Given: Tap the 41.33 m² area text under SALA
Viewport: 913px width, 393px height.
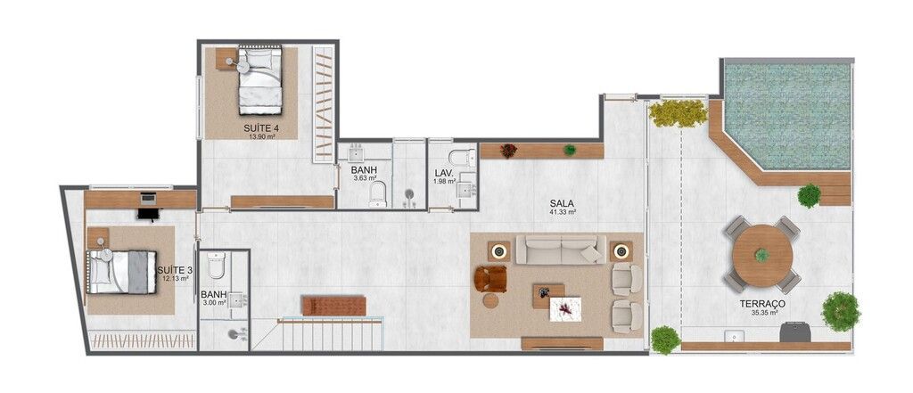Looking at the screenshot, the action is [563, 212].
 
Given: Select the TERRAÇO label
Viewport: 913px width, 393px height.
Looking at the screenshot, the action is [762, 304].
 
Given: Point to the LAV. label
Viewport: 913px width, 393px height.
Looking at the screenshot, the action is [444, 173].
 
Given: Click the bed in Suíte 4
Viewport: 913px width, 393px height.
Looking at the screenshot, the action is [259, 81].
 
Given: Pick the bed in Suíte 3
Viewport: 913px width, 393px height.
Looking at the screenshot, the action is [121, 272].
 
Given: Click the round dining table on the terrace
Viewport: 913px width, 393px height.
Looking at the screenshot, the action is [762, 256].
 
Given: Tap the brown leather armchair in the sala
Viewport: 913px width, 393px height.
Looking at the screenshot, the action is [490, 278].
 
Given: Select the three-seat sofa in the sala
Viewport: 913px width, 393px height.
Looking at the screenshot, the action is [561, 250].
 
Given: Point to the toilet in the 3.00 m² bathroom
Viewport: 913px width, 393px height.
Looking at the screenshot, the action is [216, 265].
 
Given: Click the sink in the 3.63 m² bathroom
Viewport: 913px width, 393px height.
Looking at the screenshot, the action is [357, 153].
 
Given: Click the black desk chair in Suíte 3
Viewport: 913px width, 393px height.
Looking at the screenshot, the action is [148, 215].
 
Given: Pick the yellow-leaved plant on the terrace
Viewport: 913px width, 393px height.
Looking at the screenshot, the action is [678, 113].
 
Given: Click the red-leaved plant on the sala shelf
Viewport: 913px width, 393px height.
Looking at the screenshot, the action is [508, 151].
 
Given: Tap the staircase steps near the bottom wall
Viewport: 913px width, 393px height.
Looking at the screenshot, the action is [330, 335].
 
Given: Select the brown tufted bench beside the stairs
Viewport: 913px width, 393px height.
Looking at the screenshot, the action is [333, 306].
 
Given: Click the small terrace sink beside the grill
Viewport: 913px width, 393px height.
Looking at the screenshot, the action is [735, 336].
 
